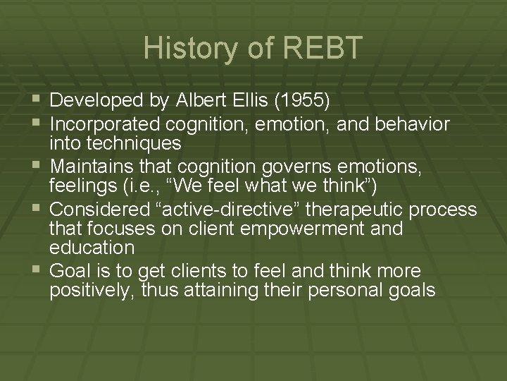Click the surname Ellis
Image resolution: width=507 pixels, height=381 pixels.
244,102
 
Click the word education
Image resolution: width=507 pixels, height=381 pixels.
92,248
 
